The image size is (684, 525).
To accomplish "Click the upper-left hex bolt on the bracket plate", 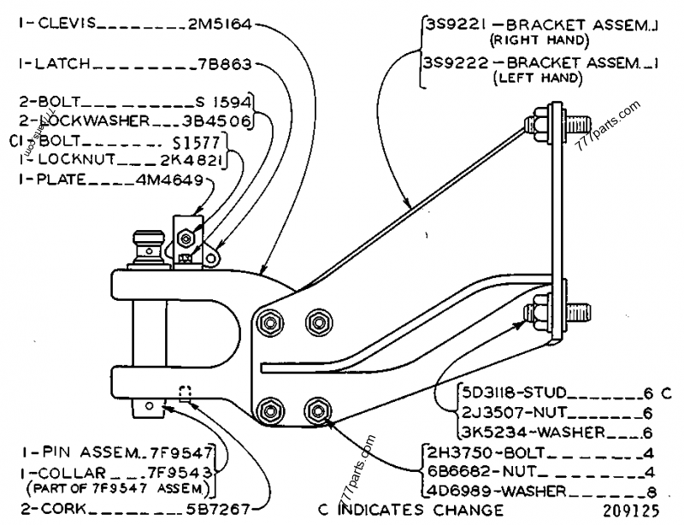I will [270, 322].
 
